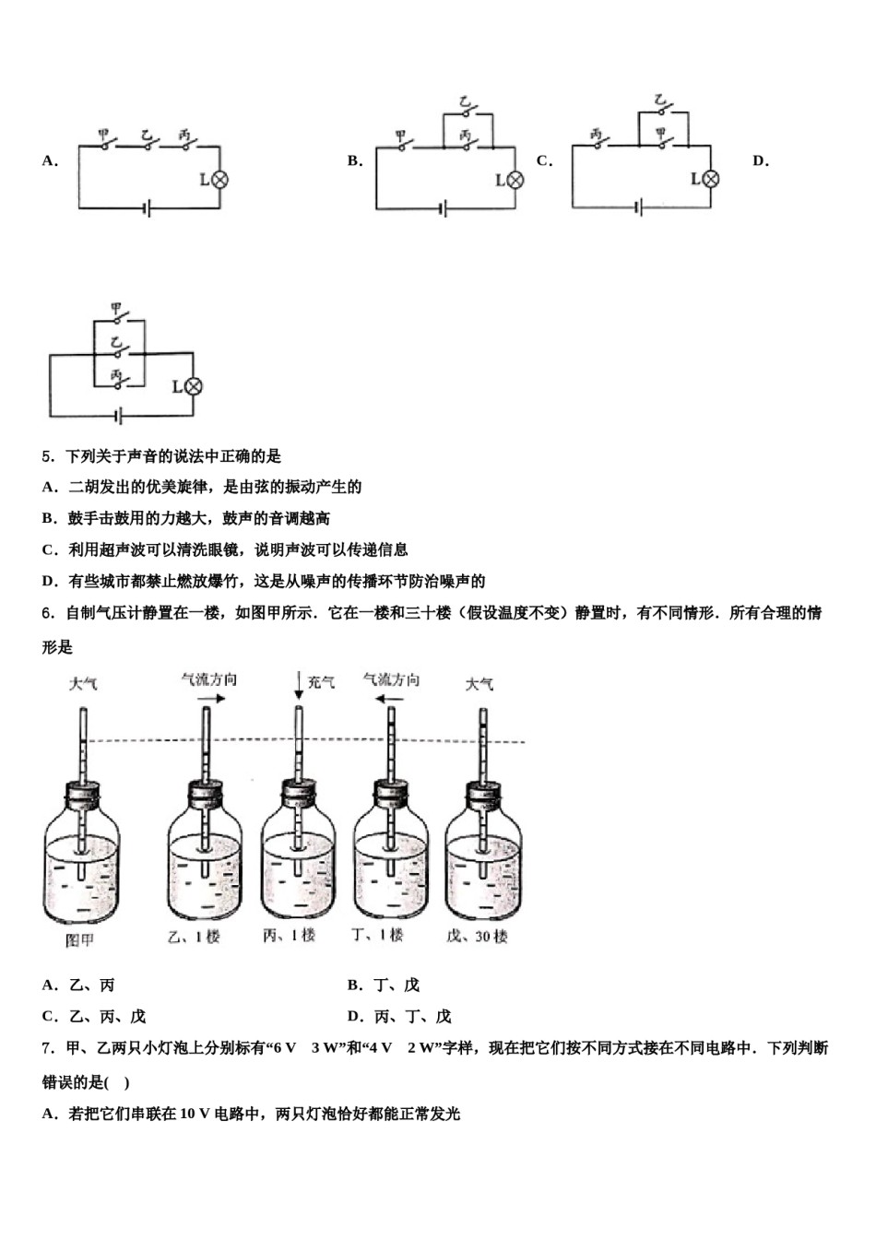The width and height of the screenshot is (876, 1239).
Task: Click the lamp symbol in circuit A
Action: point(219,179)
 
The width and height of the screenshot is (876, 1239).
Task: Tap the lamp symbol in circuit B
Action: point(515,180)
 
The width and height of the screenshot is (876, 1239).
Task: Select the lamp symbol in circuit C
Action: point(710,179)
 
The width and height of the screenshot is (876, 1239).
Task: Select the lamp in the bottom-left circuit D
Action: point(193,386)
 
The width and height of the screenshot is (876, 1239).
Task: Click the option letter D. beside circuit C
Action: point(761,161)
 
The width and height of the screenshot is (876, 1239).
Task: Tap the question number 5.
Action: point(47,456)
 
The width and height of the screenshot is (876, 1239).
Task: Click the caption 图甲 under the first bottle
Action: point(80,940)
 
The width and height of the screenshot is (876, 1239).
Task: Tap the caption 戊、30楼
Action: point(477,937)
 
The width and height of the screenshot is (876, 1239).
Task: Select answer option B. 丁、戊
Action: point(384,985)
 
